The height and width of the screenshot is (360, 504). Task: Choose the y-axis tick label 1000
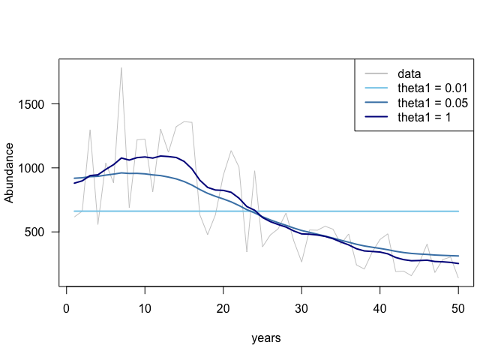coord(40,168)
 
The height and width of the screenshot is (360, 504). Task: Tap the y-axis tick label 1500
coord(40,104)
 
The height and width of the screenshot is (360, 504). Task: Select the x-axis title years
coord(266,338)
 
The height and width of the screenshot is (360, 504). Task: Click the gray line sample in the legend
coord(376,74)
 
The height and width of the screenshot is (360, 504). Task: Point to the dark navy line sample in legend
coord(376,117)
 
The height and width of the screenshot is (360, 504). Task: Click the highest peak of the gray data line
coord(121,67)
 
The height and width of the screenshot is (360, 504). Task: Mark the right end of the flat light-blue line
coord(457,211)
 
